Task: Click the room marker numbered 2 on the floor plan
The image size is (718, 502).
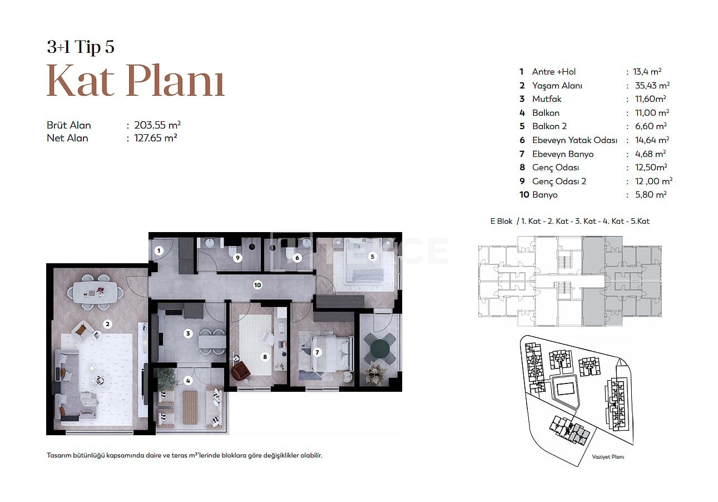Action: click(107, 324)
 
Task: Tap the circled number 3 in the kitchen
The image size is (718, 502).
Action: click(188, 333)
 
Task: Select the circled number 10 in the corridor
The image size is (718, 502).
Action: click(258, 285)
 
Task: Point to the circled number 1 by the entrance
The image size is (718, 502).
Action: click(159, 250)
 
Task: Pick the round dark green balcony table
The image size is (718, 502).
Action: click(380, 348)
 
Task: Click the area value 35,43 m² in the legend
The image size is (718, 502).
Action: click(652, 86)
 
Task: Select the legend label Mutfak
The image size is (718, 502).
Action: click(547, 99)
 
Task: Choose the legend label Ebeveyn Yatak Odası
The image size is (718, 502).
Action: click(575, 140)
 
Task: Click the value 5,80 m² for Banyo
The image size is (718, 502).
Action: click(651, 195)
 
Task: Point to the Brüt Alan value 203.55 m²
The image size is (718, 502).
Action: click(157, 125)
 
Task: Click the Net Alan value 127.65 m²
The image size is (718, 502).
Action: click(156, 138)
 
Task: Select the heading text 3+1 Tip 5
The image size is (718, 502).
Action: click(81, 47)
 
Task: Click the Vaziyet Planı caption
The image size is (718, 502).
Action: click(608, 457)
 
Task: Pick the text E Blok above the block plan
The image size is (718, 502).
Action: click(501, 221)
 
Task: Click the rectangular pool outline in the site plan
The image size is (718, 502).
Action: click(567, 390)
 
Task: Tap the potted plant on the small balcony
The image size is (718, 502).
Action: click(374, 373)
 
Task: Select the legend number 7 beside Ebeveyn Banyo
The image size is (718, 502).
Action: click(522, 154)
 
